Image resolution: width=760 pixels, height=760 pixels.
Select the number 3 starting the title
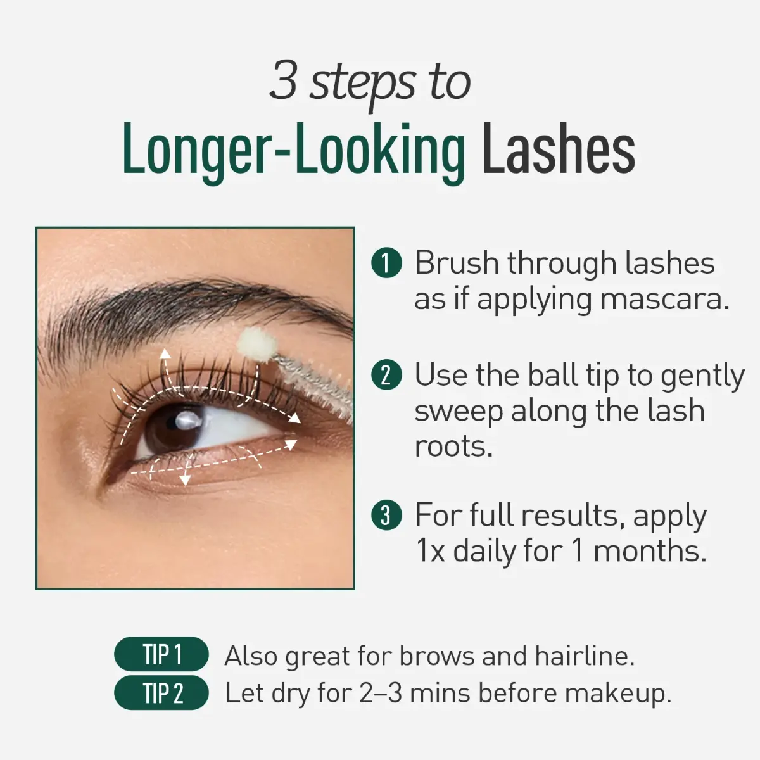[284, 80]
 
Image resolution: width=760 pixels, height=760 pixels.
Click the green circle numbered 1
[386, 263]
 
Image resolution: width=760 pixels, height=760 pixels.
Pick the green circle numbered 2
[386, 375]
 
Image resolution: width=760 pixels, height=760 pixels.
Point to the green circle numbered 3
[386, 515]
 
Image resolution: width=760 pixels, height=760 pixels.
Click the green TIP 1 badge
[161, 654]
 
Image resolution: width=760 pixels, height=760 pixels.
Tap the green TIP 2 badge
[161, 693]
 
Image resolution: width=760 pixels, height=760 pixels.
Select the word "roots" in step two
[452, 446]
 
